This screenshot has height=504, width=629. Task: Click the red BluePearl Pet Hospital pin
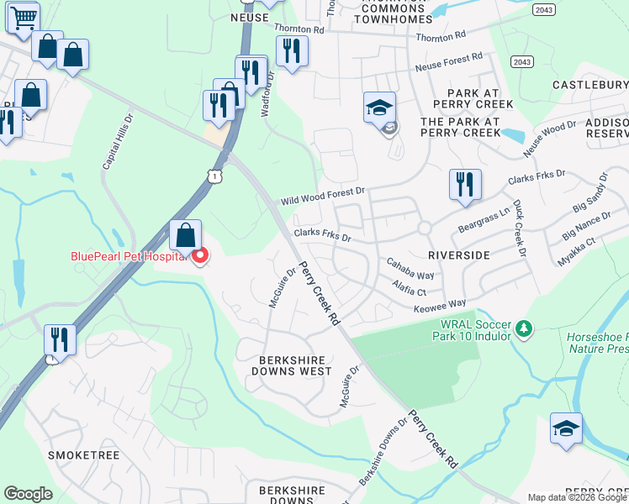pyautogui.click(x=200, y=255)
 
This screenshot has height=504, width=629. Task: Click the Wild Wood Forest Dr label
pyautogui.click(x=324, y=197)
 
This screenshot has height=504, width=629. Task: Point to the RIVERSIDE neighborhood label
pyautogui.click(x=458, y=254)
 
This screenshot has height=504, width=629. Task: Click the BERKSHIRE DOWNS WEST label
pyautogui.click(x=290, y=365)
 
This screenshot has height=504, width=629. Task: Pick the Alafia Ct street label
pyautogui.click(x=410, y=288)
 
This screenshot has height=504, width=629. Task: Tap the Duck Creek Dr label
pyautogui.click(x=518, y=228)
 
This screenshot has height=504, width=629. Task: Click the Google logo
pyautogui.click(x=28, y=494)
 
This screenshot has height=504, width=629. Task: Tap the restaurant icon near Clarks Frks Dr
pyautogui.click(x=464, y=184)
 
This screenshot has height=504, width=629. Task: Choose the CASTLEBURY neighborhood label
pyautogui.click(x=590, y=85)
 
